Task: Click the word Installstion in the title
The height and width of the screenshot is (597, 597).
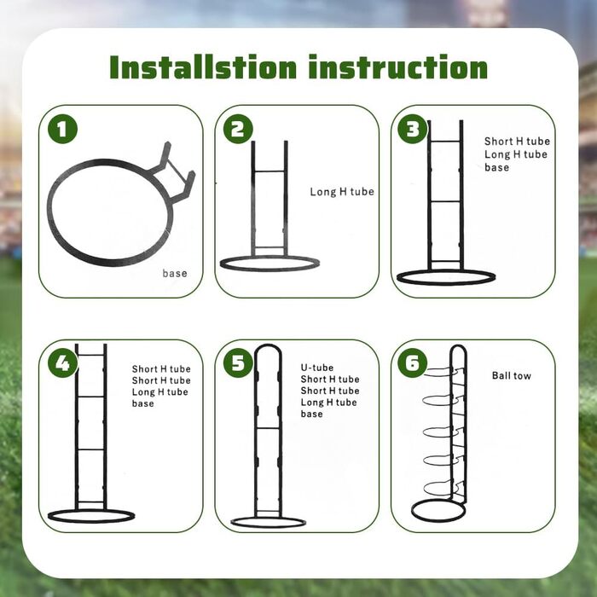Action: point(203,67)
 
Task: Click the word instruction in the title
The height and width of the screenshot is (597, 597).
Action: point(398,67)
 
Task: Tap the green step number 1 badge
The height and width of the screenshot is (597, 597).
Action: point(62,129)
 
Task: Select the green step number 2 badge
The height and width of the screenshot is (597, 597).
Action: point(238,129)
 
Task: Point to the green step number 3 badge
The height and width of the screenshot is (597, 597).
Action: point(412,129)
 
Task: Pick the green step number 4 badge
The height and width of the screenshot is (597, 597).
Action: point(62,362)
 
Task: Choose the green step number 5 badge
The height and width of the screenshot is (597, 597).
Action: point(238,362)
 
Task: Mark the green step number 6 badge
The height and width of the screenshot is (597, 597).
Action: point(412,362)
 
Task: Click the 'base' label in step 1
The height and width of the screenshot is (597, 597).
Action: point(175,274)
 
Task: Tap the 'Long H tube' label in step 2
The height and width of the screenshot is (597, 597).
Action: point(342,192)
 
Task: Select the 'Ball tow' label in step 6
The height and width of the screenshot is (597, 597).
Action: point(512,376)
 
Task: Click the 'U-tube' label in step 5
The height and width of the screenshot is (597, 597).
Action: point(317,368)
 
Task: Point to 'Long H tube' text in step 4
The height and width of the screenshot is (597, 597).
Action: point(160,392)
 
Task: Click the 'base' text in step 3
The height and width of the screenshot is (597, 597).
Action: point(497,167)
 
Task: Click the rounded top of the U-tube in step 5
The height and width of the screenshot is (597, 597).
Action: point(268,345)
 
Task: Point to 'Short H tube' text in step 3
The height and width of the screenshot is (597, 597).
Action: point(517,142)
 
